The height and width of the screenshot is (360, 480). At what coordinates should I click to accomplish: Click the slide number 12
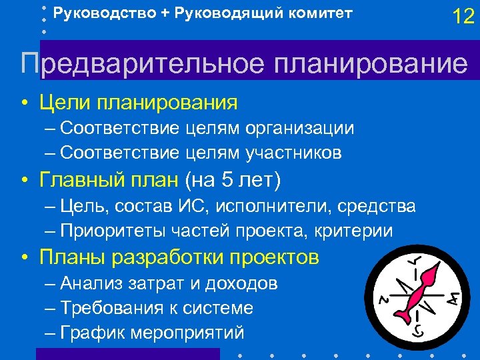click(463, 17)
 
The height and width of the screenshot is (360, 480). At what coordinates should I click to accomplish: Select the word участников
click(294, 153)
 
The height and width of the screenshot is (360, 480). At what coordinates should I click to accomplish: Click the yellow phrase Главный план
click(109, 180)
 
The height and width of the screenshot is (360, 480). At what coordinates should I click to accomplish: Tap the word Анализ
click(89, 283)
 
